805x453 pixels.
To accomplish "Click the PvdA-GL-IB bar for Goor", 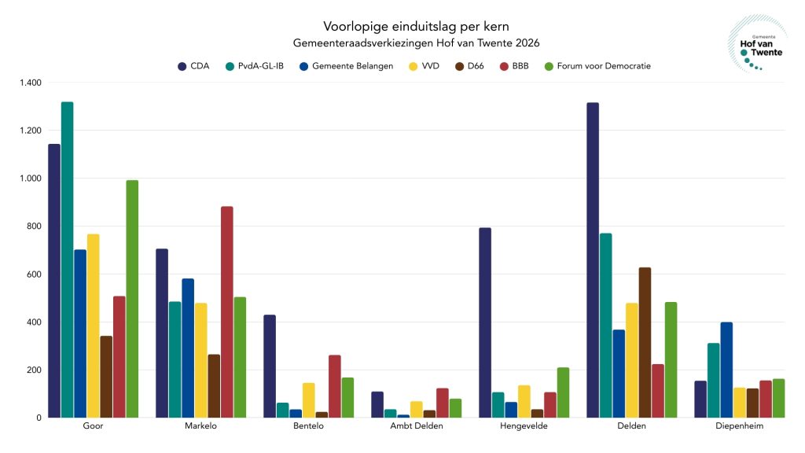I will [x=67, y=260].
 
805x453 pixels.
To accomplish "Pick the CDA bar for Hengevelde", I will [x=485, y=322].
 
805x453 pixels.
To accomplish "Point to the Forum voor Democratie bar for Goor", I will [x=132, y=299].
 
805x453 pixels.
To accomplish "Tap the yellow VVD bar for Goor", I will [x=93, y=326].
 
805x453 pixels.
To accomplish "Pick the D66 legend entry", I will [x=474, y=66].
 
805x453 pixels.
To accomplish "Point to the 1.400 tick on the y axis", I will [x=32, y=83].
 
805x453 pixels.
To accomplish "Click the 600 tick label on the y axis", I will [x=35, y=274].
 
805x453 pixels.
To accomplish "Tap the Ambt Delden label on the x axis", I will [x=416, y=426].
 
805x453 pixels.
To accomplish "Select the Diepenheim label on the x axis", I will [x=739, y=426].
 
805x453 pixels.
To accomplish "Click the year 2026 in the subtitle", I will [x=526, y=42].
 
